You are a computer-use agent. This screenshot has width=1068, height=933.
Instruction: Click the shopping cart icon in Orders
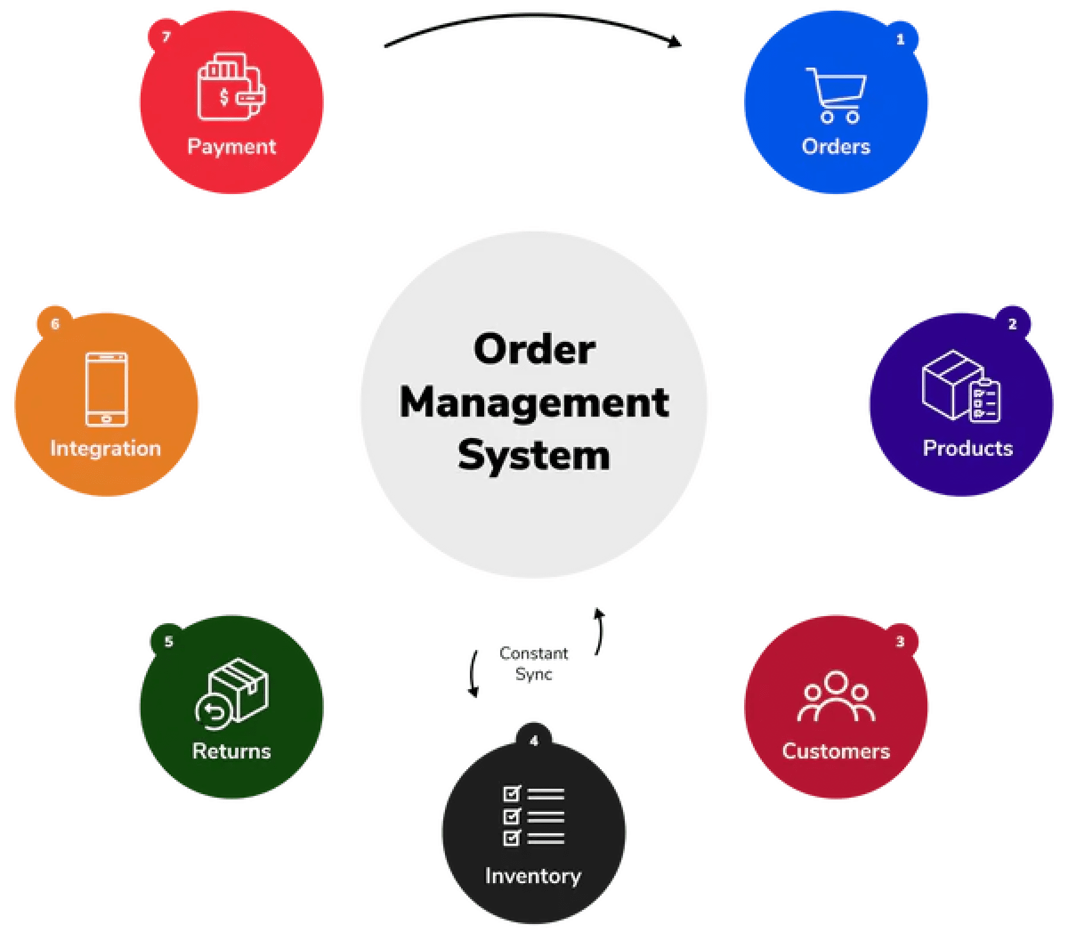click(x=837, y=95)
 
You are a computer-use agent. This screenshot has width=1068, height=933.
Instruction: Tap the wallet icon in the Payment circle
click(x=231, y=87)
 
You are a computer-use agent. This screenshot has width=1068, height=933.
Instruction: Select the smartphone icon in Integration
click(x=106, y=389)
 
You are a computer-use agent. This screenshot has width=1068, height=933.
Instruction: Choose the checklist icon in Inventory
click(x=533, y=816)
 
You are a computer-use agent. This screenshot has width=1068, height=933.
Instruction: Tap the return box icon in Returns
click(x=232, y=693)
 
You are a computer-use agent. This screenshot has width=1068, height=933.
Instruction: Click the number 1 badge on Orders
click(x=900, y=40)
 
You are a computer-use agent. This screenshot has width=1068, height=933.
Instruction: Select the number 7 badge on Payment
click(x=166, y=37)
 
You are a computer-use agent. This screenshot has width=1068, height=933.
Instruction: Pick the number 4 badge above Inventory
click(x=534, y=741)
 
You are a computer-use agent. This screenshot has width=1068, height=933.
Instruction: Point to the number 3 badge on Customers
click(x=900, y=642)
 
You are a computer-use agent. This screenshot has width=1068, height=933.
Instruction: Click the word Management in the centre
click(x=534, y=403)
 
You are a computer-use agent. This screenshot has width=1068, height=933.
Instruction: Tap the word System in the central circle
click(x=534, y=456)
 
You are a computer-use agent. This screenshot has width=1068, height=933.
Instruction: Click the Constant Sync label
click(x=534, y=664)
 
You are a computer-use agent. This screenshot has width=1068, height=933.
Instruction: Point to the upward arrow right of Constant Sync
click(x=599, y=631)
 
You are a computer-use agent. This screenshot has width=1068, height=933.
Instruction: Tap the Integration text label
click(x=106, y=449)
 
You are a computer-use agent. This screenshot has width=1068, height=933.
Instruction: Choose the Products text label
click(x=968, y=449)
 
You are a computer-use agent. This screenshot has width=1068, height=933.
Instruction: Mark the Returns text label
click(x=231, y=751)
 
